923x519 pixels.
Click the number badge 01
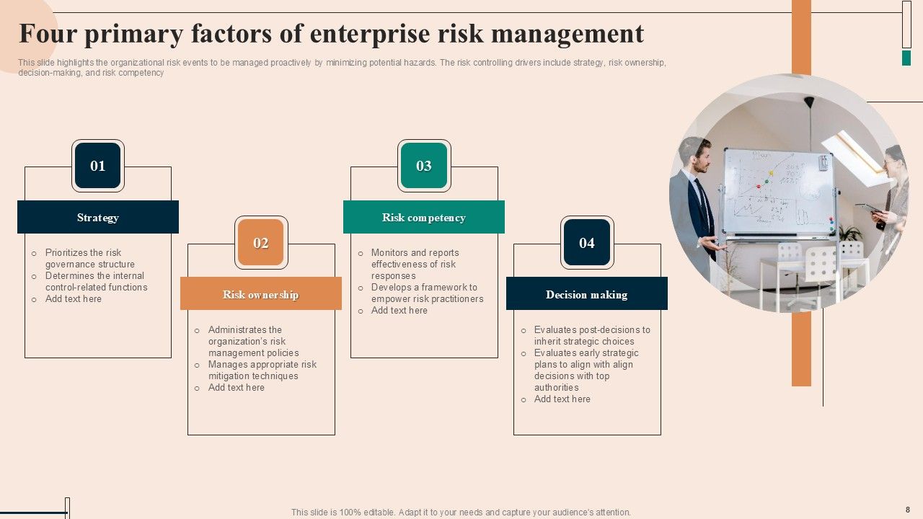98,166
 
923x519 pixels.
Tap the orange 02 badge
261,243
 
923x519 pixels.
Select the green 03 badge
424,166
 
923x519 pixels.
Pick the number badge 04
587,243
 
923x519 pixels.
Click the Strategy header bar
98,218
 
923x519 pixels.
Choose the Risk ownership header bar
261,294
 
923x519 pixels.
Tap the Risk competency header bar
424,218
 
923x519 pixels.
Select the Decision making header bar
587,294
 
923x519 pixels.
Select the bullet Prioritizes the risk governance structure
89,258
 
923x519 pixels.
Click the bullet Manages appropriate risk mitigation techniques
262,370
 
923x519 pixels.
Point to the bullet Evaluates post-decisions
591,335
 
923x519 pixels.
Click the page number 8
908,510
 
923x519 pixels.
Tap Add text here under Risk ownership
236,388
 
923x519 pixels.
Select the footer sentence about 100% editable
461,513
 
